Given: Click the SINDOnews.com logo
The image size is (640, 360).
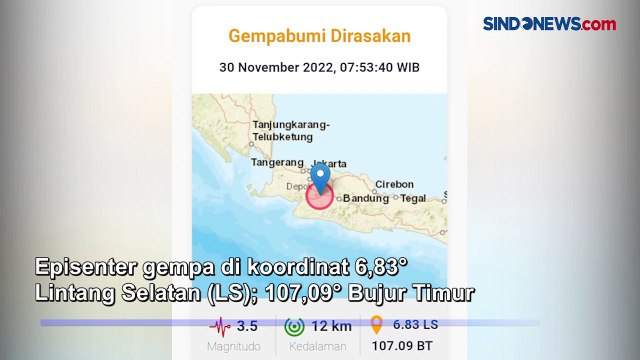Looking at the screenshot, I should (549, 23).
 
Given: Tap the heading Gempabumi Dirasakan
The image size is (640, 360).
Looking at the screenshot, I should (320, 37).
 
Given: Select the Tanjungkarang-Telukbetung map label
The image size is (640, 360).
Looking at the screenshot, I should (291, 130).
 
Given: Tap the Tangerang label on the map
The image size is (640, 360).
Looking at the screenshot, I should (277, 162).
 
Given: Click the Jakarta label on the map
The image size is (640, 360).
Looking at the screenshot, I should (330, 163).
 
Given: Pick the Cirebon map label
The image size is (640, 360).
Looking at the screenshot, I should (393, 184).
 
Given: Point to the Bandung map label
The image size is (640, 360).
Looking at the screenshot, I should (366, 198).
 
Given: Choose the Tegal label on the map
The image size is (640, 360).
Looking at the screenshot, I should (413, 198).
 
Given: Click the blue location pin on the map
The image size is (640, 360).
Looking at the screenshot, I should (320, 178).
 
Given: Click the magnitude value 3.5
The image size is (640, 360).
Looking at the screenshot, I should (247, 326).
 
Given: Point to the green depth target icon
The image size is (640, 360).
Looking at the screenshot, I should (294, 326).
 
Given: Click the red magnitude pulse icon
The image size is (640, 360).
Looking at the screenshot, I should (220, 326).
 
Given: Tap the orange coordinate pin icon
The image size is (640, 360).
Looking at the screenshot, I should (376, 325).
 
